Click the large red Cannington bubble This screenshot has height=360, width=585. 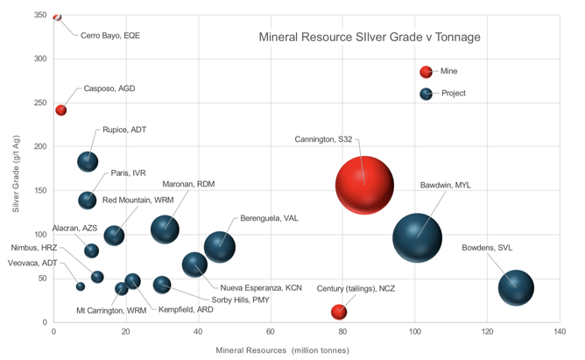[363, 185]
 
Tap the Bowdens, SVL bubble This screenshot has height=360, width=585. [516, 286]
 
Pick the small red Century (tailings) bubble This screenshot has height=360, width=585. [339, 312]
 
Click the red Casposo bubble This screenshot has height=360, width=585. [61, 110]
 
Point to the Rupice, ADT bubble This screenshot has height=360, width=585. [88, 161]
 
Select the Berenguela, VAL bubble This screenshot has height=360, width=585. [220, 247]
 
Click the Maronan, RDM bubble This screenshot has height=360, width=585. [165, 229]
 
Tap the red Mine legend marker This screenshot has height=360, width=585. [426, 72]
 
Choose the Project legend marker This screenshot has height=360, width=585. [426, 94]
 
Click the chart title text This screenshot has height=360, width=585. [369, 38]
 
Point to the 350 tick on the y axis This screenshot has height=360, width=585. [40, 16]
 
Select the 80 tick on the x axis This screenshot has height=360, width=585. [342, 333]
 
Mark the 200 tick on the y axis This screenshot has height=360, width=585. [40, 147]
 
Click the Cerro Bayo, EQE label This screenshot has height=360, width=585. [110, 36]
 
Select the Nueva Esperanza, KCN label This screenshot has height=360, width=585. [261, 287]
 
